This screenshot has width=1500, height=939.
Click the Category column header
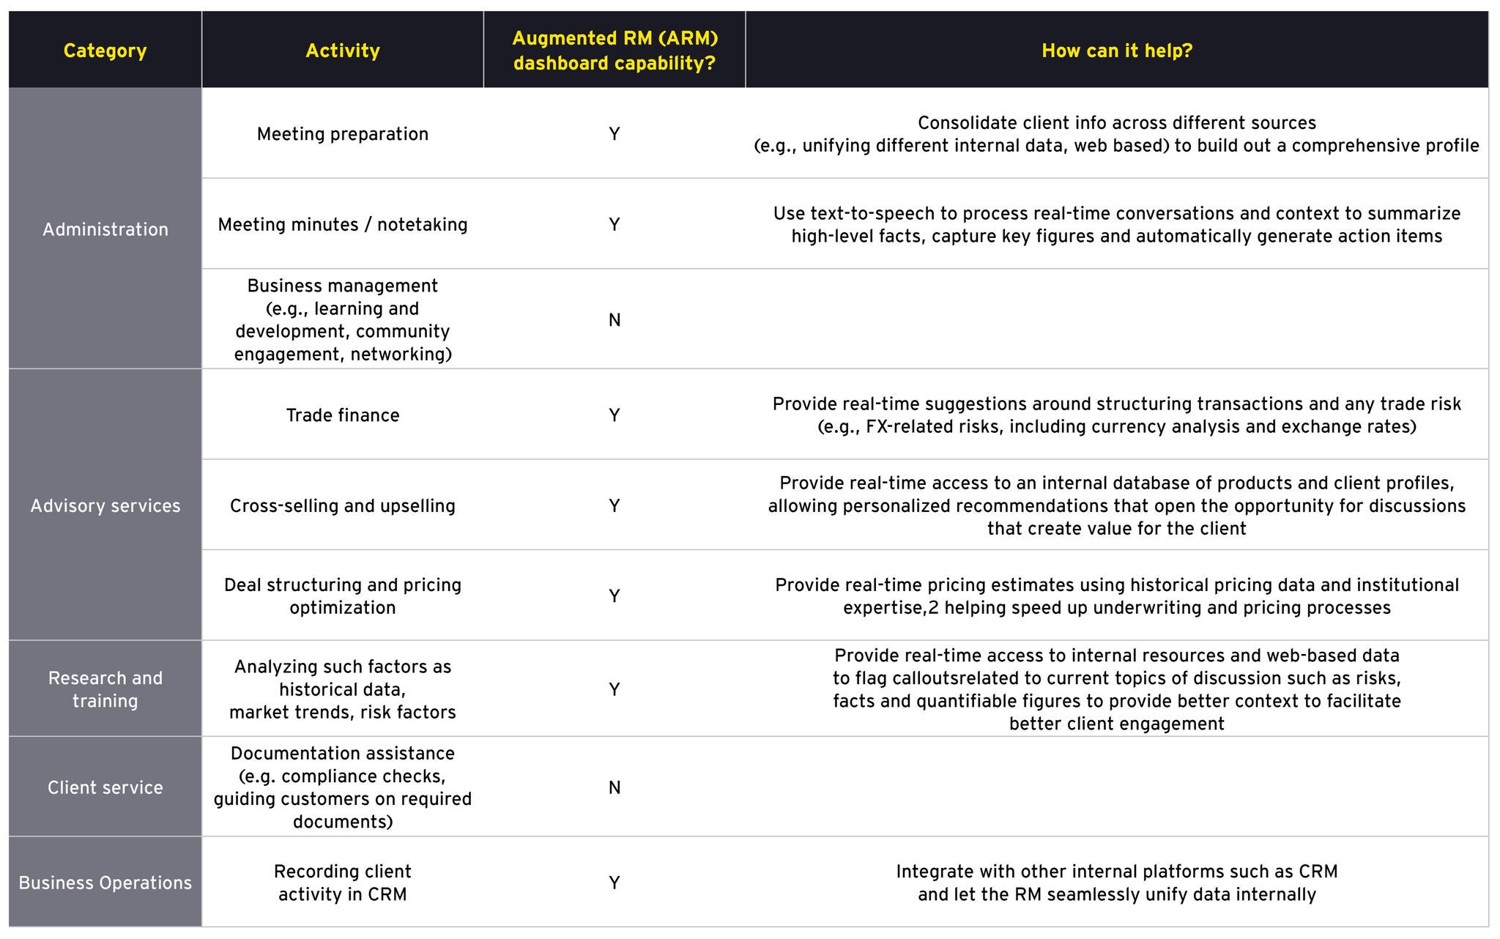105,51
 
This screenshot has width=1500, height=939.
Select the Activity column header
342,51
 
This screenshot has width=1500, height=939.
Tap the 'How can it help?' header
1116,51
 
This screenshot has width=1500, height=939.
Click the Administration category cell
105,229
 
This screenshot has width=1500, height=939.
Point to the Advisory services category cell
105,505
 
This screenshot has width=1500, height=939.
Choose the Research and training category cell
105,689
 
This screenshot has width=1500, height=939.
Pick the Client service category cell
105,787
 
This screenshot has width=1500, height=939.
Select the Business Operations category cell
105,883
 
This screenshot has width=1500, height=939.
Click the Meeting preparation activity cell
342,134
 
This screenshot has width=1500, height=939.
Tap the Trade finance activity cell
342,415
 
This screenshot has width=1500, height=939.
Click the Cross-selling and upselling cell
342,505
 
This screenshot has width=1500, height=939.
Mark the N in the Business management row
614,320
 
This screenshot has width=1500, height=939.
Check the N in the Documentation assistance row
614,787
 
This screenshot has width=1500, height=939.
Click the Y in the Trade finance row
614,415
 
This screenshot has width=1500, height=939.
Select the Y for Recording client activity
614,883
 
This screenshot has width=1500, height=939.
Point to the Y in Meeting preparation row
614,134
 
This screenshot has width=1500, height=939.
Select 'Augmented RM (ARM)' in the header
615,38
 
